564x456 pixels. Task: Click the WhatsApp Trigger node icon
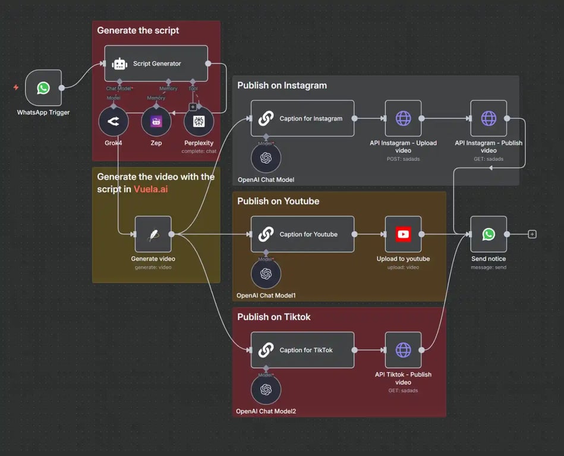(x=43, y=88)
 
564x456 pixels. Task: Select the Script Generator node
(x=156, y=64)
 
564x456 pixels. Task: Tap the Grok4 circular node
(x=114, y=122)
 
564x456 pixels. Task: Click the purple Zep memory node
(x=156, y=122)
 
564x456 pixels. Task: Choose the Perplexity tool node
(x=199, y=122)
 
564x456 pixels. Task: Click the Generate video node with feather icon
(x=153, y=234)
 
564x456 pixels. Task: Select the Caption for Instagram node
(x=302, y=118)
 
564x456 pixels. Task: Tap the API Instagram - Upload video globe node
(x=403, y=118)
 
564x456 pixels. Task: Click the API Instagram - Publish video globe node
(x=489, y=118)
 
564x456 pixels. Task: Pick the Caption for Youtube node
(x=302, y=234)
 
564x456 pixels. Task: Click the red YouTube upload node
(x=403, y=234)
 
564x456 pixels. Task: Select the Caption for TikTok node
(x=302, y=350)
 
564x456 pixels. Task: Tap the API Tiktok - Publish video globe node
(x=403, y=350)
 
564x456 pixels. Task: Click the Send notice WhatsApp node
(x=489, y=234)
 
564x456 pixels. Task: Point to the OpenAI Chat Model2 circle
(x=266, y=389)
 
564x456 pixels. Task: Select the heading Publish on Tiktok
(x=274, y=317)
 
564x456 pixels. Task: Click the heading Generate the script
(x=138, y=30)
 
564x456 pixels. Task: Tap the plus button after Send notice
(x=532, y=234)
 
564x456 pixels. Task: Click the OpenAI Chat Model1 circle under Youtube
(x=266, y=274)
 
